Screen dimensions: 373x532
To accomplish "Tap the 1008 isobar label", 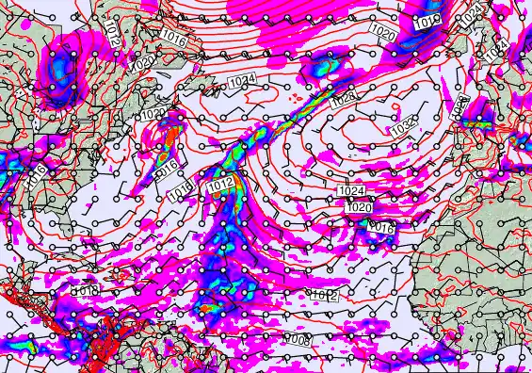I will coord(298,338).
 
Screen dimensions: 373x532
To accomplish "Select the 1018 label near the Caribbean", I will coord(86,291).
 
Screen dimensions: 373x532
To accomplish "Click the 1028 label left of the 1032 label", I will coord(343,100).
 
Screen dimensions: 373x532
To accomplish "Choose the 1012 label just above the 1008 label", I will coord(325,295).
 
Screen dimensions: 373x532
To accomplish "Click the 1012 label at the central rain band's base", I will coord(220,185).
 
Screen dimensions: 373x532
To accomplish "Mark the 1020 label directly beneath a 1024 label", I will coord(358,206).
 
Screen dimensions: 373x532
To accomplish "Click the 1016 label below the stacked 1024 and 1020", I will coord(380,227).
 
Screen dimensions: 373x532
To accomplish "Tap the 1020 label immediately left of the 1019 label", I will coord(382,33).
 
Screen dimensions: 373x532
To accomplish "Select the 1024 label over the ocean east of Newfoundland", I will coord(242,82).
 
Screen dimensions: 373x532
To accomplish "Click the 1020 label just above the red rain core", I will coord(153,115).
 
